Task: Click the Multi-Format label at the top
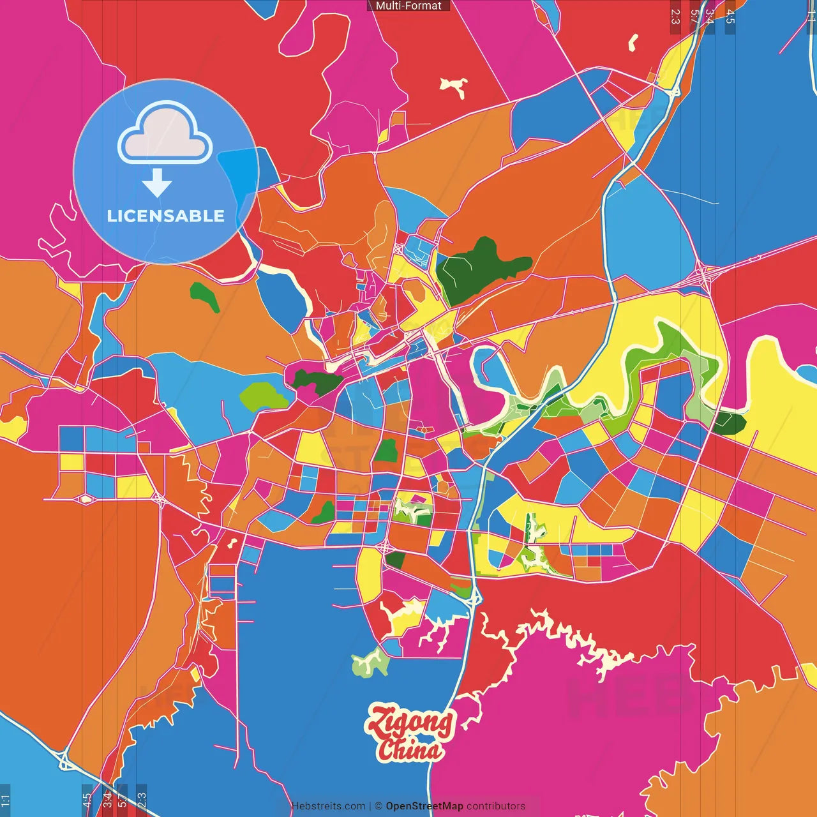tap(408, 6)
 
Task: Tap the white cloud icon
tap(165, 135)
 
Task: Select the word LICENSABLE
tap(166, 216)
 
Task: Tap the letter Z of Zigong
tap(380, 721)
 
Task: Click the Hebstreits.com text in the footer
tap(328, 806)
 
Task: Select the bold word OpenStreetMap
tap(424, 806)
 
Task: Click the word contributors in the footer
tap(495, 806)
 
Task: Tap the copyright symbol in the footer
tap(379, 806)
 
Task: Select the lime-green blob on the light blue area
tap(263, 396)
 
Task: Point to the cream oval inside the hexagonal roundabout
tap(84, 498)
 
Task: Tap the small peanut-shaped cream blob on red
tap(633, 43)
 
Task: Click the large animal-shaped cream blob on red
tap(454, 86)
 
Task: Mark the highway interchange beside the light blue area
tap(703, 275)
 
